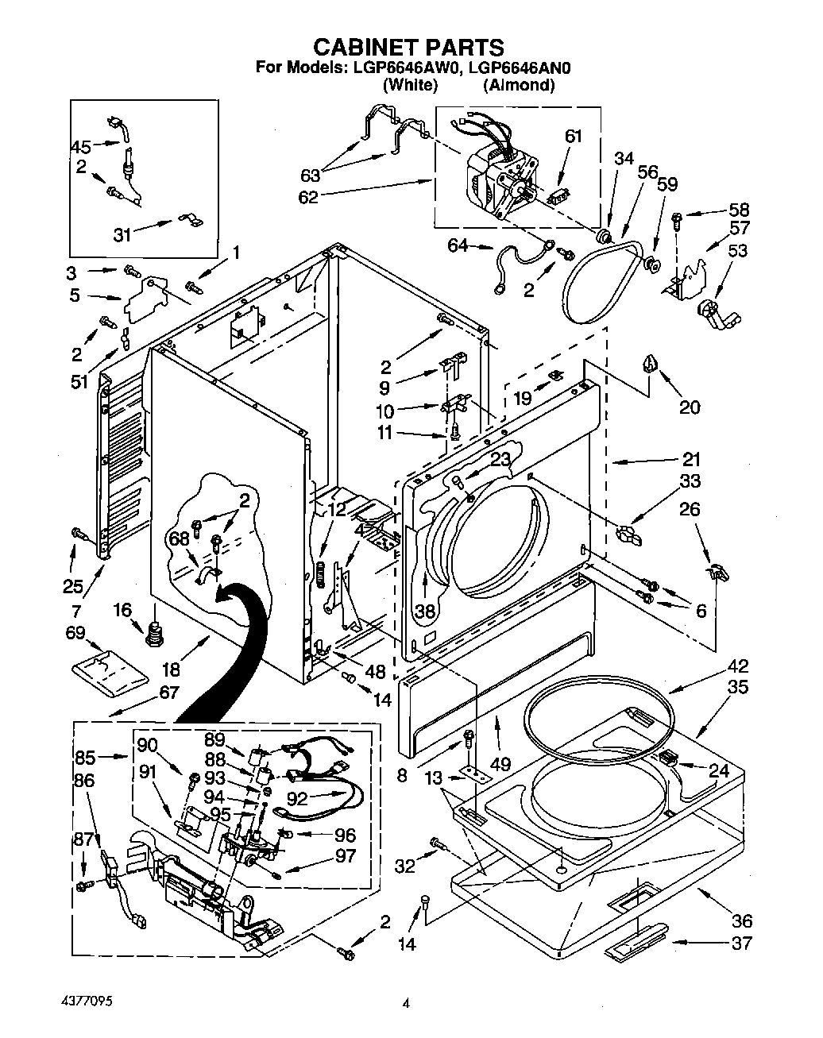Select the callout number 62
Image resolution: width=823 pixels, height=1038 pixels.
pos(307,196)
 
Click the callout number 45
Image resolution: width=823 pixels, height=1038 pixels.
pos(81,146)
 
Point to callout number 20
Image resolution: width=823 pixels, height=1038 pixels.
pos(690,407)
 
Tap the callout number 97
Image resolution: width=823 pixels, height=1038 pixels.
pos(346,856)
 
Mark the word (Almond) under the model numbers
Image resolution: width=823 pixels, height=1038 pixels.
pos(518,85)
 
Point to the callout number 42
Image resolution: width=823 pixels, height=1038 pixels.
pos(738,666)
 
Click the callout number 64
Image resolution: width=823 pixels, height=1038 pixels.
pos(458,246)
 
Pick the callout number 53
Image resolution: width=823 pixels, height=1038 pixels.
pos(738,252)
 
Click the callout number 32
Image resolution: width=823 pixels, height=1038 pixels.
pos(405,866)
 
